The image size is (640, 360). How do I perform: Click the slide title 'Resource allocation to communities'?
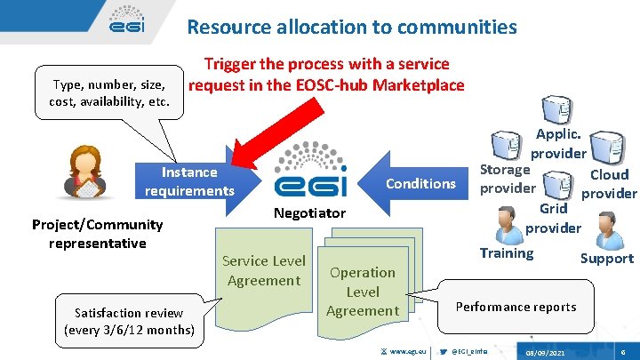pos(351,27)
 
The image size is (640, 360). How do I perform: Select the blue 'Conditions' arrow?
pos(412,183)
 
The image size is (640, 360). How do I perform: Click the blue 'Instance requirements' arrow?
pos(191,181)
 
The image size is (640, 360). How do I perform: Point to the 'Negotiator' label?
pos(309,213)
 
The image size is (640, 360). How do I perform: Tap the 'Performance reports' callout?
pos(516,307)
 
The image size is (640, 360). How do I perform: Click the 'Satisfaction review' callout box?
pos(130,321)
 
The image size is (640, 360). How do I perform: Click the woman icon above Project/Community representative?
pos(87,172)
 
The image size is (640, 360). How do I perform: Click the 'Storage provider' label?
pos(507,178)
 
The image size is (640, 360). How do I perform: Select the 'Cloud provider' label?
pos(609,184)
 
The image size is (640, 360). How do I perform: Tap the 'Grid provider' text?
pos(553,218)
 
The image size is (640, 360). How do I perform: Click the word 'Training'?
pos(507,253)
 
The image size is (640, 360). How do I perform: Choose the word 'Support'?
pos(606,259)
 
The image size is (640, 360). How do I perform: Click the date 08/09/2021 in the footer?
pos(545,352)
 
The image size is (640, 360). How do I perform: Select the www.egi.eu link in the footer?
pos(408,352)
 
